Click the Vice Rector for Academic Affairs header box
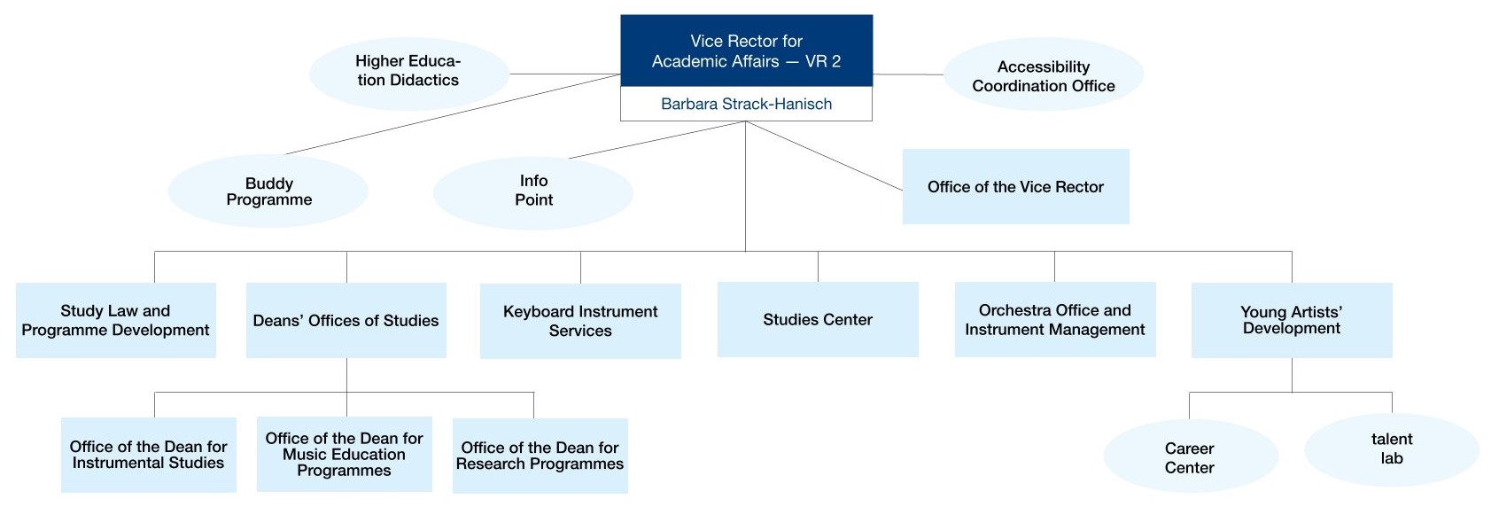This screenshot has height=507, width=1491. click(746, 51)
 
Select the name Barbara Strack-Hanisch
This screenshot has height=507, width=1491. click(746, 104)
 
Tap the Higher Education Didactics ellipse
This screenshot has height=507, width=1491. click(408, 71)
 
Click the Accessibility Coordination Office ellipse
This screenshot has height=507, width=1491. click(1043, 76)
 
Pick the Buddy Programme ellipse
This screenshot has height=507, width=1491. click(268, 191)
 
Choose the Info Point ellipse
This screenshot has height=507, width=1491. click(533, 191)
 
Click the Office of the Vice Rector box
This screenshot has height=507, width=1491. click(1015, 187)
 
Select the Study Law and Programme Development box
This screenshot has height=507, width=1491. click(115, 320)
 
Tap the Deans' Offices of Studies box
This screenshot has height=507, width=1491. click(346, 320)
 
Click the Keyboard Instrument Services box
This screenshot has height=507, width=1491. click(580, 321)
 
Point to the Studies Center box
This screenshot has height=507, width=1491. click(818, 320)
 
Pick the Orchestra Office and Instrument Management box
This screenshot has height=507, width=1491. click(1054, 320)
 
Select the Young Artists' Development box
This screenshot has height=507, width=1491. click(1291, 320)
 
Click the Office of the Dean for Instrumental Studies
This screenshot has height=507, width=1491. click(148, 455)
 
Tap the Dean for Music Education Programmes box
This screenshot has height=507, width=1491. click(344, 454)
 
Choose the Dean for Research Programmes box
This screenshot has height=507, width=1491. click(540, 456)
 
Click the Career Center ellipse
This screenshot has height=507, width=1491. click(1189, 457)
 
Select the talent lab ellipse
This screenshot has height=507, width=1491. click(1391, 449)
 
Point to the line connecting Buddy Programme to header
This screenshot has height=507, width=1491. click(452, 114)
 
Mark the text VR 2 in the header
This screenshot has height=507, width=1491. click(823, 61)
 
